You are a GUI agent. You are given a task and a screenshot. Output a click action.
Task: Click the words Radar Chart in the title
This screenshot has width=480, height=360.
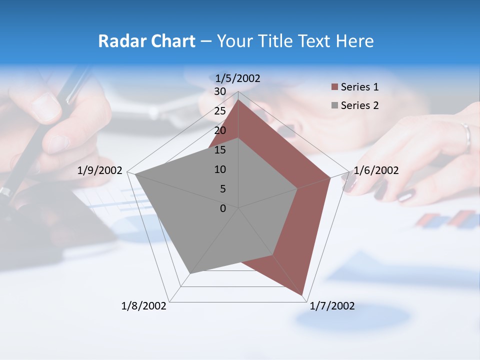click(x=146, y=41)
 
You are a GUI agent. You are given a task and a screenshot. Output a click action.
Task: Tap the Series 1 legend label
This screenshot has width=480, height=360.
click(x=359, y=87)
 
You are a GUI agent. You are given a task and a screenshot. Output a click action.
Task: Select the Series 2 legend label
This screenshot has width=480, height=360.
click(x=359, y=105)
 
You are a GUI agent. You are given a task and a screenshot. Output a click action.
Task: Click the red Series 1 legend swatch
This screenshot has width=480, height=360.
click(x=334, y=87)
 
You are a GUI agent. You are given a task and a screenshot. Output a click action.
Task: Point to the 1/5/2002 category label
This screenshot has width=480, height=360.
click(x=237, y=78)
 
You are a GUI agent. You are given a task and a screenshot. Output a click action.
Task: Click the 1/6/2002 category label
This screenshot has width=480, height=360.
click(x=376, y=170)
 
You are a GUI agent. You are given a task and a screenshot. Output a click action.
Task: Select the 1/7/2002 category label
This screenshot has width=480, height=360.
click(x=332, y=306)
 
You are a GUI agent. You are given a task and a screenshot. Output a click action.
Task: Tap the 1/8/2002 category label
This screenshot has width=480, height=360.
click(x=144, y=306)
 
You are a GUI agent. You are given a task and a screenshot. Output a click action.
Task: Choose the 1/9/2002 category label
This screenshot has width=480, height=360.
click(x=100, y=170)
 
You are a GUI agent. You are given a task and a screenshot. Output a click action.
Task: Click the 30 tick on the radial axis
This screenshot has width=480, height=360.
click(x=220, y=91)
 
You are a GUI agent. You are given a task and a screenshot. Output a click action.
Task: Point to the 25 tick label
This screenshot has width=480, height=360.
click(x=220, y=111)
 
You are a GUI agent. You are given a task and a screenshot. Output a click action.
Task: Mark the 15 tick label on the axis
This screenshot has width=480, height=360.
click(x=220, y=150)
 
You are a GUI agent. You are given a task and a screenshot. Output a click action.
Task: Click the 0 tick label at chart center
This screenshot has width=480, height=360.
click(x=223, y=208)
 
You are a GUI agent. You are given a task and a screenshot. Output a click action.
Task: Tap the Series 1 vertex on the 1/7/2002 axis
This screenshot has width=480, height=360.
click(x=303, y=295)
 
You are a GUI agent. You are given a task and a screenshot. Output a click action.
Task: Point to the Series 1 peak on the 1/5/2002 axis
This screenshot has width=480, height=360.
click(x=238, y=100)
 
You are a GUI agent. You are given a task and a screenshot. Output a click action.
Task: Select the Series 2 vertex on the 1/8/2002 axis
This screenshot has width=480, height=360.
click(x=190, y=273)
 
